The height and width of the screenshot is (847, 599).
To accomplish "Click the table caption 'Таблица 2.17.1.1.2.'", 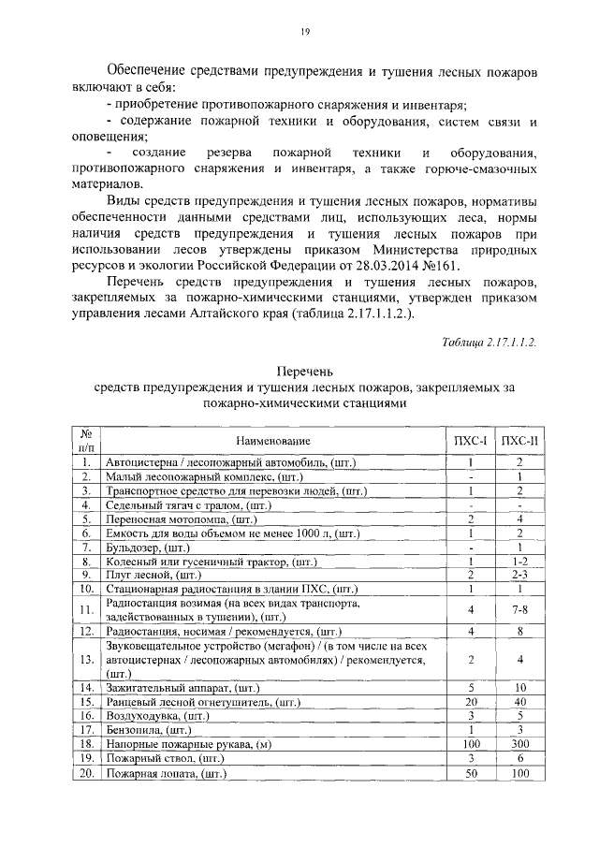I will pos(489,343).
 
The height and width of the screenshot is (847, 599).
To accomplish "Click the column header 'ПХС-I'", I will pos(472,440).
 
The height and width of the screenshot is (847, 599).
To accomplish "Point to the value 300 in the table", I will pos(519,744).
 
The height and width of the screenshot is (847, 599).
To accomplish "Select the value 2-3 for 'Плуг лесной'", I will pos(519,575).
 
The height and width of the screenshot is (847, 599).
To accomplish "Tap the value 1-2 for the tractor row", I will pos(519,561).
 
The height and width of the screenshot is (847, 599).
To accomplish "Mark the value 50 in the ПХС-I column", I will pos(472,774).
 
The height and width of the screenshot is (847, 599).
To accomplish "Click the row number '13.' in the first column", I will pos(85,660).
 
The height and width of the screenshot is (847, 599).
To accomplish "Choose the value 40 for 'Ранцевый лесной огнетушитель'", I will pos(519,700).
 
